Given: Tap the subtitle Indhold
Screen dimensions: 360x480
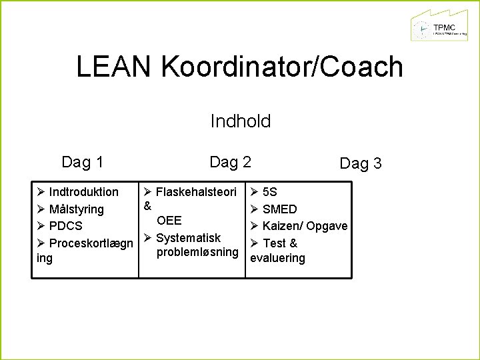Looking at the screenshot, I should click(x=240, y=121).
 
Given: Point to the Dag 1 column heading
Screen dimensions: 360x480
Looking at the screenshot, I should click(x=82, y=162).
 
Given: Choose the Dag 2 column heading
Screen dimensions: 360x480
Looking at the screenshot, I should click(x=230, y=162).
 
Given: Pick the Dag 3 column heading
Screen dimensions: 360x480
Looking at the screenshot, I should click(x=361, y=163).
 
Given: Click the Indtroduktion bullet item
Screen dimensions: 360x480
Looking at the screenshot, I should click(x=84, y=192).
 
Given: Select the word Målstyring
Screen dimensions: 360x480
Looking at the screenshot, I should click(x=77, y=209).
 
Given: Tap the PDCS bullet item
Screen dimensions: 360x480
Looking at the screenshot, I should click(x=66, y=226).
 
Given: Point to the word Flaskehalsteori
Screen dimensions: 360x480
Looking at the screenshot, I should click(x=196, y=192).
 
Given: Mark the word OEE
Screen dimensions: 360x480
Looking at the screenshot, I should click(x=169, y=221).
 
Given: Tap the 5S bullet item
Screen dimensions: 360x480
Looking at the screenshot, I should click(x=270, y=192).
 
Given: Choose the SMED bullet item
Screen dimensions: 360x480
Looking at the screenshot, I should click(x=280, y=209).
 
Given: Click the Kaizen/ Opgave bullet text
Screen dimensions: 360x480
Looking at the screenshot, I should click(x=305, y=226).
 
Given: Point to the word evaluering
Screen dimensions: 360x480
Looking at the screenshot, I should click(x=277, y=259).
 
